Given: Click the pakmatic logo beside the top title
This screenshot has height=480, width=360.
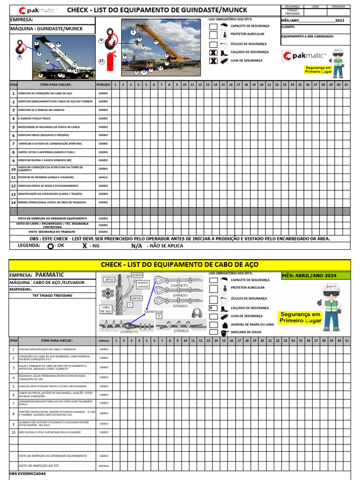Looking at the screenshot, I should click(x=37, y=10).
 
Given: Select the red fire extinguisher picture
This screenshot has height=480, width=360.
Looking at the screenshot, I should click(x=111, y=61).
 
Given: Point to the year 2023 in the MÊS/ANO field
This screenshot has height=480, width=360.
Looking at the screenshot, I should click(x=340, y=21).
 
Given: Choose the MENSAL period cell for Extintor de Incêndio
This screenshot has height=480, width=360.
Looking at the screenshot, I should click(x=103, y=178).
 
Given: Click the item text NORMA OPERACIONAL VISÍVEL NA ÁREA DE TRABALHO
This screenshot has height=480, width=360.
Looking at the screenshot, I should click(x=52, y=202).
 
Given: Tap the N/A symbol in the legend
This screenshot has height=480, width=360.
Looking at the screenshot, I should click(x=136, y=246).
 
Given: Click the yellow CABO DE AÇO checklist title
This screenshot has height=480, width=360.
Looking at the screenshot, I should click(x=180, y=265).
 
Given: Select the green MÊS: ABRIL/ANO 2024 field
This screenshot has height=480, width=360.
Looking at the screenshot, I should click(x=315, y=276).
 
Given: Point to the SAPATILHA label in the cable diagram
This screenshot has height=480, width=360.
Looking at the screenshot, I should click(x=153, y=311).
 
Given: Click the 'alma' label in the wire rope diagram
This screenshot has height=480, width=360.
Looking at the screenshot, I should click(x=109, y=279).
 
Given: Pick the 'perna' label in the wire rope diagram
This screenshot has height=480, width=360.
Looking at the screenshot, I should click(x=136, y=298).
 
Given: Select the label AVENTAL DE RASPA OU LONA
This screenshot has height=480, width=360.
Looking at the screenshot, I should click(x=252, y=324).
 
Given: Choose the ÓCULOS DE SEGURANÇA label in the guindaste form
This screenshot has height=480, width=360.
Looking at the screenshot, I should click(x=248, y=43).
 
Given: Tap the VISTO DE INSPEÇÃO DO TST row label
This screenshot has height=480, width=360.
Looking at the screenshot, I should click(x=39, y=466).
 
